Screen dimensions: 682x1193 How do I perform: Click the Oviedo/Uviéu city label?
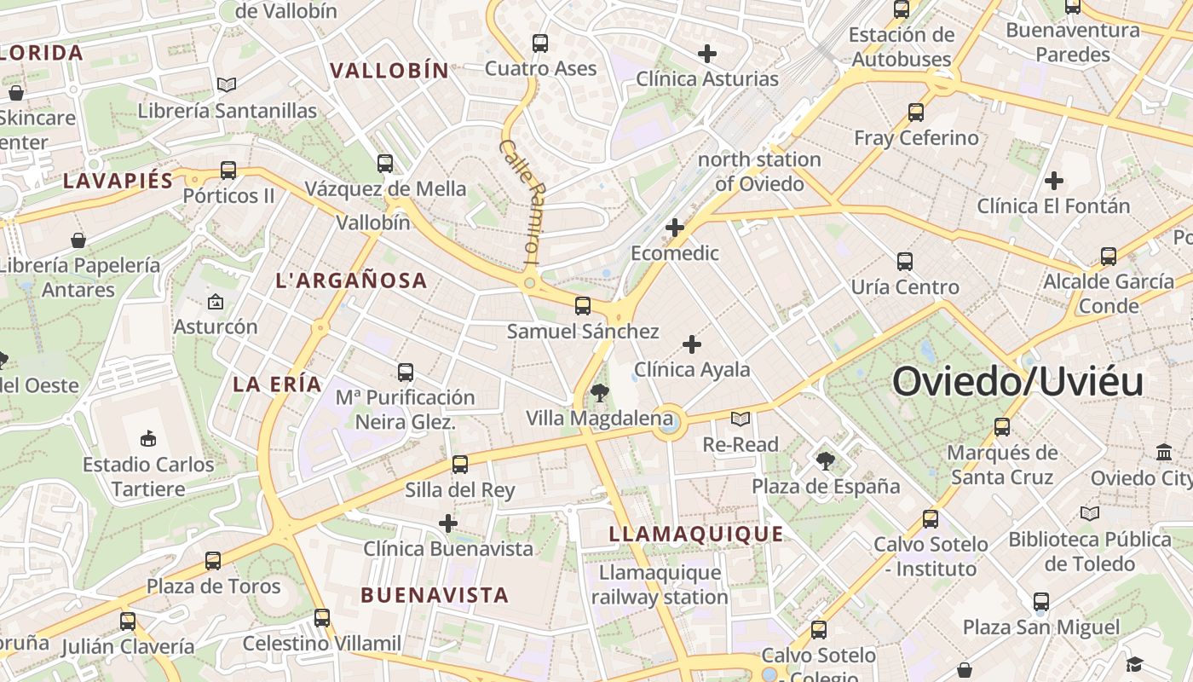tap(1017, 382)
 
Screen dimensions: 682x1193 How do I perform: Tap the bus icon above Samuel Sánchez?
tap(583, 305)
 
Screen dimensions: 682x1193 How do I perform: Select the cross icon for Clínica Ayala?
tap(692, 344)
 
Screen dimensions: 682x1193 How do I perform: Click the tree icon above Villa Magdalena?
tap(600, 393)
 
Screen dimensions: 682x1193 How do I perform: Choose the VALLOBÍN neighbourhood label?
tap(389, 71)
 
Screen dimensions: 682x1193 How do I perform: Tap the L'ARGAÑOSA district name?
tap(351, 280)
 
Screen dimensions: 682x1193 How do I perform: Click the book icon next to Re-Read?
tap(741, 419)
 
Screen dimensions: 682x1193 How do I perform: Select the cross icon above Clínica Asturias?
tap(707, 54)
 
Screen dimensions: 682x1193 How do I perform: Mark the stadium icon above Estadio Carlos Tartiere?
tap(148, 439)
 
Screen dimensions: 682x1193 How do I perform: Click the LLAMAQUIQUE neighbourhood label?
tap(696, 535)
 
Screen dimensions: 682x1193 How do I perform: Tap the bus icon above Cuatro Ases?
tap(540, 43)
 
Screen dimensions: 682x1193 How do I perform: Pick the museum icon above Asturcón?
tap(216, 302)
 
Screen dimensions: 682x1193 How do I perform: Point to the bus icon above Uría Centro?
tap(905, 261)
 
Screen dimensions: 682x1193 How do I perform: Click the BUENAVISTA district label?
tap(435, 595)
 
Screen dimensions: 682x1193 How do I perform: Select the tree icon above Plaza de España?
tap(825, 461)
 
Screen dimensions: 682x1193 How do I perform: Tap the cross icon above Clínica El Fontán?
tap(1054, 181)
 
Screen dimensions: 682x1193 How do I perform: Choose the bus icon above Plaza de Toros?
tap(213, 561)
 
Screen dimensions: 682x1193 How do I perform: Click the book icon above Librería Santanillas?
tap(227, 84)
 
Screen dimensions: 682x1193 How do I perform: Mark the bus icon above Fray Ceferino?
tap(916, 112)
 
